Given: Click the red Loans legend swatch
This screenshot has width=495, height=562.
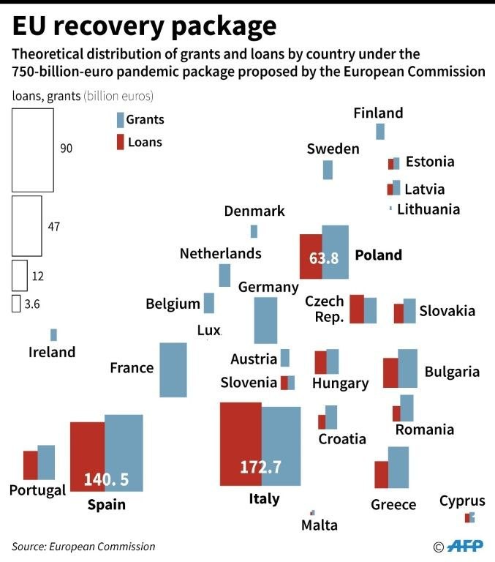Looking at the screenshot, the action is point(121,142).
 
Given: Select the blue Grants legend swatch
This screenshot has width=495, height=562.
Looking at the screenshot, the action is point(121,120).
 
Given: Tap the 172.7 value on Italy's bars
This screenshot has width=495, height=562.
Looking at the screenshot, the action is point(260,467).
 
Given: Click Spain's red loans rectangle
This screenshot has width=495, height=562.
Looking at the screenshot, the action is point(88,457).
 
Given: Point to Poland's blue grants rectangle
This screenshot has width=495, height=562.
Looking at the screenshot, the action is point(336,252).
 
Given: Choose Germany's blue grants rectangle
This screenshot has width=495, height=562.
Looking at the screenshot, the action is point(265,321).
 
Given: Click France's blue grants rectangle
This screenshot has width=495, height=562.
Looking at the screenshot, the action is point(173,370).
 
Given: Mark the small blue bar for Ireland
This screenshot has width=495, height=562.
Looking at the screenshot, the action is point(53,334).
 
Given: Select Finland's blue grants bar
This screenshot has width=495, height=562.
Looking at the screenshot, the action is point(380,132).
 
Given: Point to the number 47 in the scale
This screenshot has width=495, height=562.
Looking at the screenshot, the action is point(53,227).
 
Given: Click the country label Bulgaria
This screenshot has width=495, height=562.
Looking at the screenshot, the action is point(452,372).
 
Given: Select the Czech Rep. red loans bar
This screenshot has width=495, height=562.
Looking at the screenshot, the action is point(357,309).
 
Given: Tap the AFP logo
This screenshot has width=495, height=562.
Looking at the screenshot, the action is point(465,546).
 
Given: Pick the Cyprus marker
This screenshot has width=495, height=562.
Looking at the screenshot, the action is point(469,517).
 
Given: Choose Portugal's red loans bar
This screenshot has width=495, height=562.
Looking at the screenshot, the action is point(31,465).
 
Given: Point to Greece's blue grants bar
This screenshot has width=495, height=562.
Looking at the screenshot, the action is point(398,468).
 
